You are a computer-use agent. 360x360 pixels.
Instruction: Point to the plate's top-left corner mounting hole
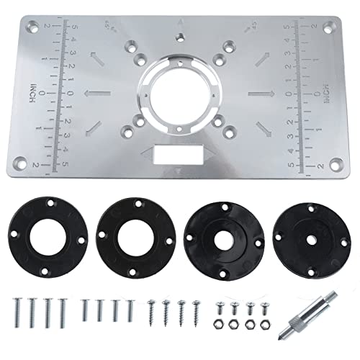coord(32,28)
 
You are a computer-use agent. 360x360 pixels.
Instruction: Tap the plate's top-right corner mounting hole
coord(328,28)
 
